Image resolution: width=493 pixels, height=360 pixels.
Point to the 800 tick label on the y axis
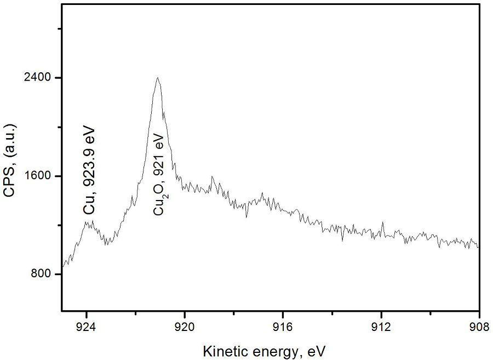42,274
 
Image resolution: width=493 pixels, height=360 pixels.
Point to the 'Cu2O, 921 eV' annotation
159,174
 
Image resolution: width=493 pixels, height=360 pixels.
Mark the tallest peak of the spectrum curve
157,78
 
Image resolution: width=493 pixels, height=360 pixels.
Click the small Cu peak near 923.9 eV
90,222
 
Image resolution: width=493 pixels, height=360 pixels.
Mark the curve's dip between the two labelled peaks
107,242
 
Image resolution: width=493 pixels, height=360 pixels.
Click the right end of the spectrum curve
478,247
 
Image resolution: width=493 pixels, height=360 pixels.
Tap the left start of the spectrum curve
64,266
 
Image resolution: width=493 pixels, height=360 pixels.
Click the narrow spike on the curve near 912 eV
382,222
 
